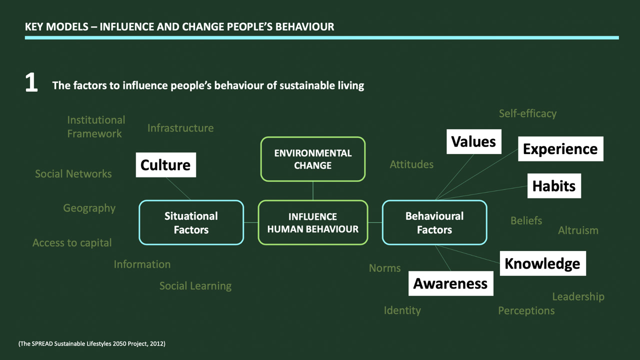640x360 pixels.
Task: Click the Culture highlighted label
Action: pos(165,165)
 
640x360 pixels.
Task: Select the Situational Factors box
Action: pos(191,222)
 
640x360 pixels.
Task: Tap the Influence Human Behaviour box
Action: pos(312,222)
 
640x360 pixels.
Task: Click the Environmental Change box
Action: pos(312,158)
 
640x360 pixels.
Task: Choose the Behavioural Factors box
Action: pos(434,222)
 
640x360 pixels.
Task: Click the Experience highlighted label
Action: pos(560,148)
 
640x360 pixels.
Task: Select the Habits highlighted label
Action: pos(553,185)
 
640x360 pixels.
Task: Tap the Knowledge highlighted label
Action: pos(542,263)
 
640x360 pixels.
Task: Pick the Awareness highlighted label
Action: pos(450,283)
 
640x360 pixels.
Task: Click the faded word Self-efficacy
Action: pos(527,113)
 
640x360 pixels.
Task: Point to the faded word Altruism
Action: pos(578,230)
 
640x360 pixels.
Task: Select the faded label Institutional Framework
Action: pos(95,126)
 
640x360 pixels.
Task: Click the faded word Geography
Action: pos(89,208)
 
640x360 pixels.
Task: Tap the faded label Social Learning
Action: pos(195,286)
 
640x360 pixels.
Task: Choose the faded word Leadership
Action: pos(578,296)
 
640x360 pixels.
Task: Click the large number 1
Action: pos(31,83)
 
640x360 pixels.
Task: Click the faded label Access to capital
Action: pos(72,243)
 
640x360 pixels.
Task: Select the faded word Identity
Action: pos(402,310)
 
